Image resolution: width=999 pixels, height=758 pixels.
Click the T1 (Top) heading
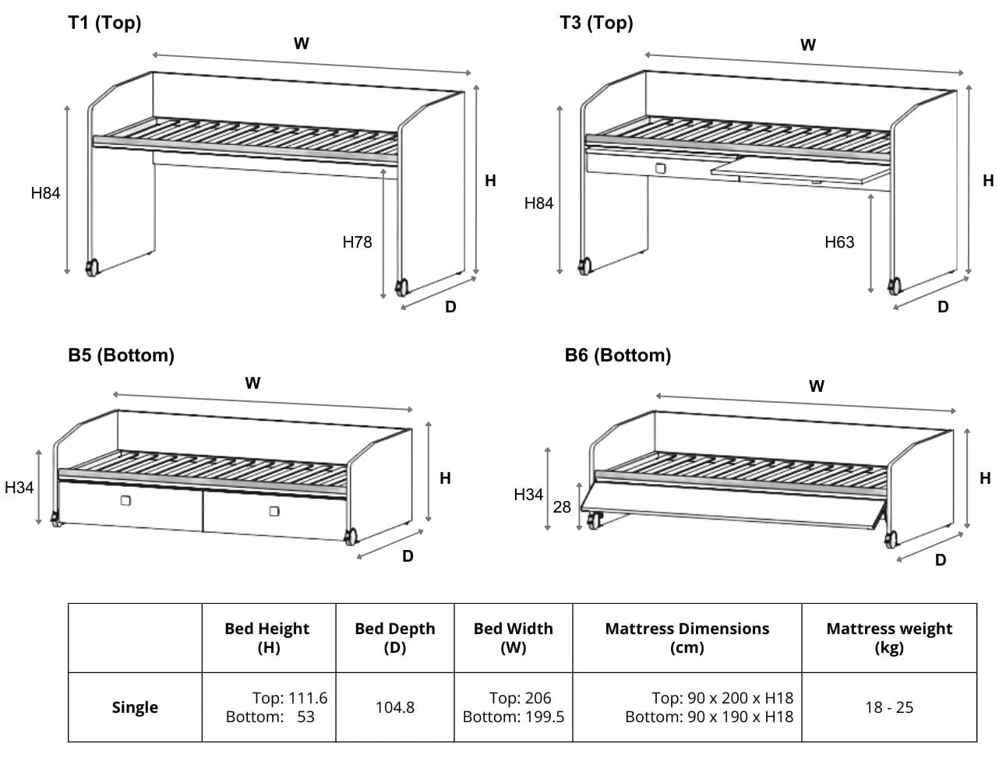[104, 23]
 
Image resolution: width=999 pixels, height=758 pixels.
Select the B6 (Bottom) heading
[617, 355]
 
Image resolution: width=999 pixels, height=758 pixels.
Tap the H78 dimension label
[357, 242]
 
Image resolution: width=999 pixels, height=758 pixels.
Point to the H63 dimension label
[839, 242]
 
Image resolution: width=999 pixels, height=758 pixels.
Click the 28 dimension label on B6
[562, 507]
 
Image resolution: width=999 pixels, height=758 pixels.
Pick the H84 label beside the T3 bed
[538, 203]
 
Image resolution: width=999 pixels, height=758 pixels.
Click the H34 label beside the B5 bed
[19, 488]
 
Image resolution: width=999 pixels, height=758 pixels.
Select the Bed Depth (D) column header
[395, 637]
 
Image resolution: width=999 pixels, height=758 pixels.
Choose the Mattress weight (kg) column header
[889, 637]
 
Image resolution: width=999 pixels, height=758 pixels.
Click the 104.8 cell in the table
[395, 707]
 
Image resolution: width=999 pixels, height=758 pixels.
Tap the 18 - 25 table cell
[889, 707]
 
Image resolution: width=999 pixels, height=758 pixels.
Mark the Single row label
[135, 707]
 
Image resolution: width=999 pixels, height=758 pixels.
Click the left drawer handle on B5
[125, 501]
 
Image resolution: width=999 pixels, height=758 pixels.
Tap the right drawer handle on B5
[274, 511]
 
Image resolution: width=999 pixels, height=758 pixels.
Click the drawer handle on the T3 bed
[661, 167]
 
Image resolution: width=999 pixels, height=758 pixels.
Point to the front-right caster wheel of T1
[402, 287]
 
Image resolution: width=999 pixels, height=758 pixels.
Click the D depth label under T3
[943, 307]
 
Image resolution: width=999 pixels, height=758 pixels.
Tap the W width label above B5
[252, 383]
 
